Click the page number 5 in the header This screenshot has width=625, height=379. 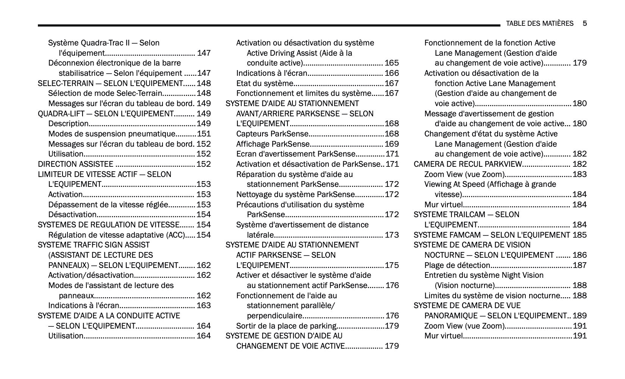click(584, 23)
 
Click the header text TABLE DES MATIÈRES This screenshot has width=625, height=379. click(539, 23)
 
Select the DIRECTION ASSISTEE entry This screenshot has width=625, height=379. click(75, 164)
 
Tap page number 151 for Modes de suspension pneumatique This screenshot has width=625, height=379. click(203, 134)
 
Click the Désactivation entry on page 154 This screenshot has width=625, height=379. click(72, 215)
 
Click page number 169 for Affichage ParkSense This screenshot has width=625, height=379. click(392, 144)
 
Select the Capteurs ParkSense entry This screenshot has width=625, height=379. click(272, 134)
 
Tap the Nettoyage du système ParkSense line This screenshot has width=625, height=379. click(295, 194)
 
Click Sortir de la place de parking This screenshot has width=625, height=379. click(286, 326)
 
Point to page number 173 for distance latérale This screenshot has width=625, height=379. click(392, 235)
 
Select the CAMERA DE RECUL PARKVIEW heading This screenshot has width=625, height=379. click(468, 164)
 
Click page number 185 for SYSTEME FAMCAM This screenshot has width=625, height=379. click(580, 235)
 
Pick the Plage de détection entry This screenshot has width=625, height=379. click(457, 265)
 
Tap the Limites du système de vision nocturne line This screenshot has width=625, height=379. click(492, 296)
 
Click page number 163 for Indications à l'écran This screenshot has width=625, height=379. click(203, 305)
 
